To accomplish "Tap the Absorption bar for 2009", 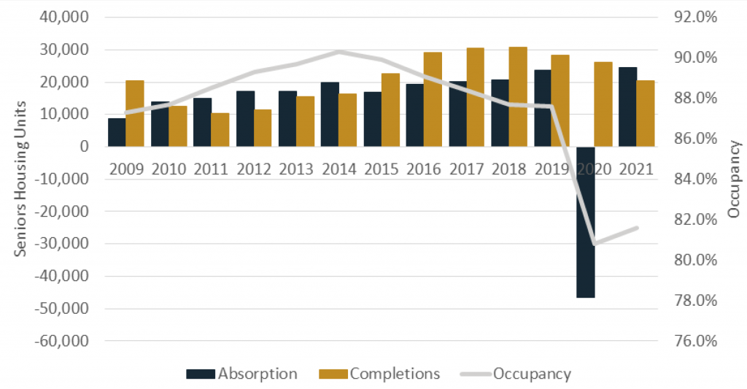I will point(117,132).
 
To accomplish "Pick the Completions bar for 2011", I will point(220,130).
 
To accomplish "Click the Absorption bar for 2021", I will point(627,107).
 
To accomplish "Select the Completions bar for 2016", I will point(433,99).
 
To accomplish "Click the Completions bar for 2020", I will point(603,104).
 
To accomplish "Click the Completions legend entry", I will point(380,374).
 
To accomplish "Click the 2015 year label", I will point(382,168).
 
